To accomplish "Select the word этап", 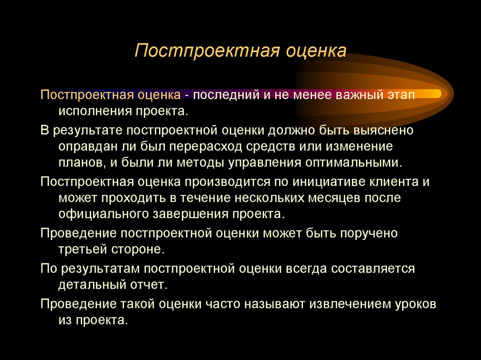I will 400,95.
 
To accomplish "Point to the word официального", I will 102,214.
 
